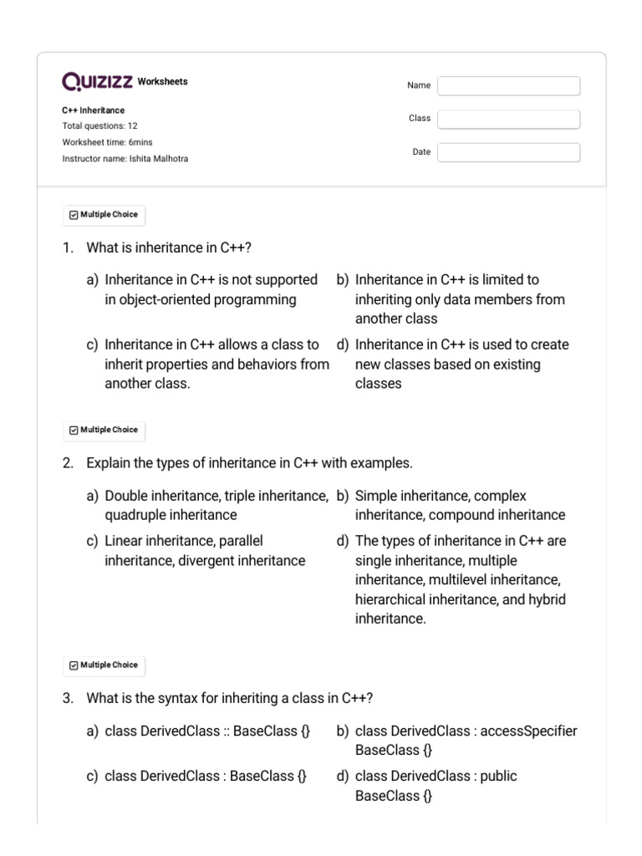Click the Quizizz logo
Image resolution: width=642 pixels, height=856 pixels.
(98, 82)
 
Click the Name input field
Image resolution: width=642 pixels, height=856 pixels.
(508, 86)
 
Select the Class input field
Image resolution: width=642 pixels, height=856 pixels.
(508, 120)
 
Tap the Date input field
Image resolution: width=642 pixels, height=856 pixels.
(508, 152)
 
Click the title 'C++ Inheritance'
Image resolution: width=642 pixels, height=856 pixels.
(94, 110)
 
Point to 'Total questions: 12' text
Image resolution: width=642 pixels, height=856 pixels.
(100, 126)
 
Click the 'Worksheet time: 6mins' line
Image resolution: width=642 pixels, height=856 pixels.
(107, 142)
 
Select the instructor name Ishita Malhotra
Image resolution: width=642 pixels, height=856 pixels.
(158, 159)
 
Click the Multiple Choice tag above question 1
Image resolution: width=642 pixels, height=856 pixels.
(104, 215)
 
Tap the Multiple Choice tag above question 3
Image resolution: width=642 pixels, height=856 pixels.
(104, 665)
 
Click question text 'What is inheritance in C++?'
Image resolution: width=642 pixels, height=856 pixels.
(169, 247)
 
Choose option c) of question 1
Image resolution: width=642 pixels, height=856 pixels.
(209, 364)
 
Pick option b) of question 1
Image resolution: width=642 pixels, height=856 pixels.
(459, 299)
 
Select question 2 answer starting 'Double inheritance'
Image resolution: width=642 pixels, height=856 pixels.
(209, 505)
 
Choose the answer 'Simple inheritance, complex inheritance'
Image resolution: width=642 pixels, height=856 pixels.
(459, 505)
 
